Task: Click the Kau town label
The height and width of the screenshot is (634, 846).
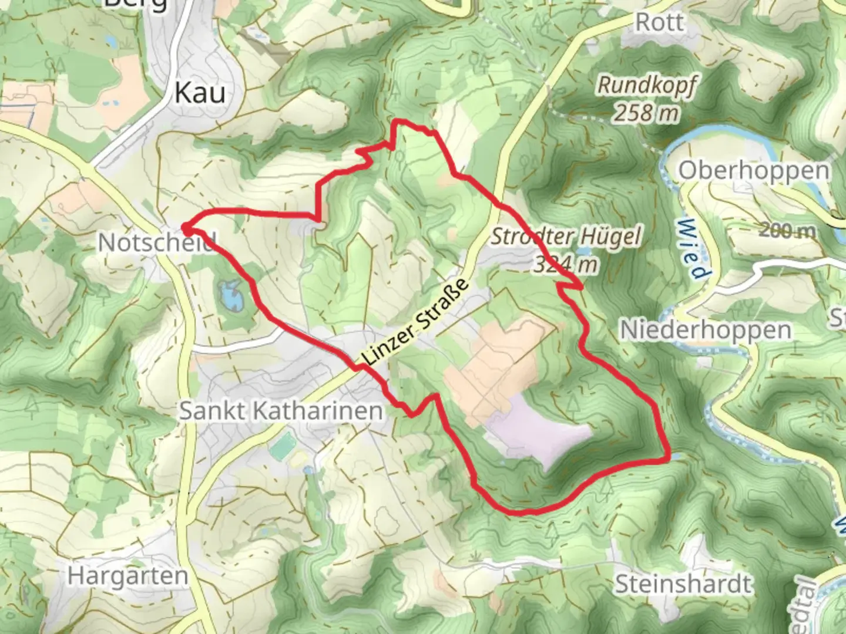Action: tap(200, 93)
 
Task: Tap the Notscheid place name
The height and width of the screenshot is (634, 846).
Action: tap(156, 242)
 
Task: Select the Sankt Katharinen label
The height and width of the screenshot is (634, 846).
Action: tap(281, 410)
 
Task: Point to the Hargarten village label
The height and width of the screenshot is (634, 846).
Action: tap(127, 576)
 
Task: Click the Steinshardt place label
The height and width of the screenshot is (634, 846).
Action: tap(683, 584)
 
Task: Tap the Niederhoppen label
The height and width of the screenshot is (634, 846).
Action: tap(706, 330)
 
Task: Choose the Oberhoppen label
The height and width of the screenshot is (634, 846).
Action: tap(754, 171)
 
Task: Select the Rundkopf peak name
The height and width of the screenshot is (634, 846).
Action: tap(646, 86)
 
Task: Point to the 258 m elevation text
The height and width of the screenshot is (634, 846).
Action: tap(646, 112)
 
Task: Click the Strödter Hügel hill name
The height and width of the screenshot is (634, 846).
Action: tap(566, 237)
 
